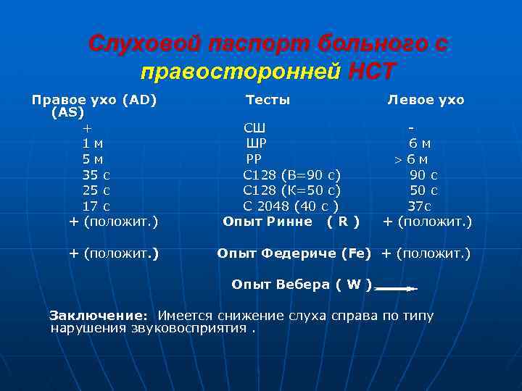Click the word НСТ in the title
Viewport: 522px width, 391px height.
click(x=372, y=72)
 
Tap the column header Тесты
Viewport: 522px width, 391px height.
click(x=268, y=100)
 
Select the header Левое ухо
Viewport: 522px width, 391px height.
click(x=426, y=100)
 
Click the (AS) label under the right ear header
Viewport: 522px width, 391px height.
click(x=67, y=113)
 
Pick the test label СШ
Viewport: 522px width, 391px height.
click(x=254, y=128)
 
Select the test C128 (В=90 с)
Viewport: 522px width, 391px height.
click(x=291, y=175)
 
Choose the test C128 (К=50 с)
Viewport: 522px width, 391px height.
click(x=291, y=190)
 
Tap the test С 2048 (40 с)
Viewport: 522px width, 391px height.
click(x=291, y=206)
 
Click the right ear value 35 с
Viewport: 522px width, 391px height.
click(x=96, y=175)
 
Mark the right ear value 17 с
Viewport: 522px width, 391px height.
click(x=96, y=206)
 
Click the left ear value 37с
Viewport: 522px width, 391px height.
click(x=419, y=206)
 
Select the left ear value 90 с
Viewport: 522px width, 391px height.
click(x=423, y=175)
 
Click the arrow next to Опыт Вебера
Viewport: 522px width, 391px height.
click(x=396, y=288)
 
